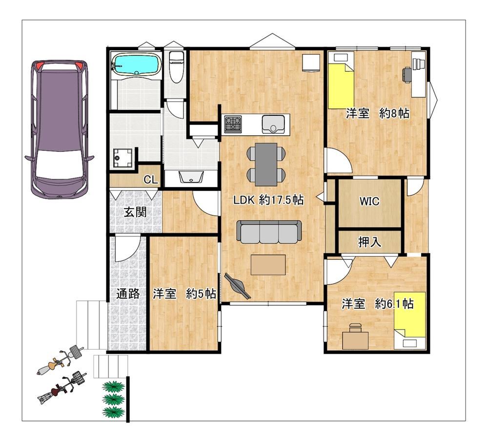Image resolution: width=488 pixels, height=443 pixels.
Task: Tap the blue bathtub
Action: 137,64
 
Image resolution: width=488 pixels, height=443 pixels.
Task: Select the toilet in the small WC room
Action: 177,66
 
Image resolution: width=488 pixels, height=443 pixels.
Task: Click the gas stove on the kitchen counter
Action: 233,124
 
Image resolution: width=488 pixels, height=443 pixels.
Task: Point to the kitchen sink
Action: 273,124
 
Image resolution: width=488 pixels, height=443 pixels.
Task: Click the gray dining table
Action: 266,164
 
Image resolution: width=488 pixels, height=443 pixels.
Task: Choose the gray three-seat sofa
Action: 269,232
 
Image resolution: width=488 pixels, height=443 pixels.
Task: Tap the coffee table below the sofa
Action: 268,265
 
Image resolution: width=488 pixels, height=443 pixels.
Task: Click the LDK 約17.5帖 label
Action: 268,200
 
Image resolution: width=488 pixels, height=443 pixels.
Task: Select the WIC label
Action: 369,201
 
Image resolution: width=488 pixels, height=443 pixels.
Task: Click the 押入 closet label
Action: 369,242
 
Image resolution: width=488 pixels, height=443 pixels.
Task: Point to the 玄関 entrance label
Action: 135,212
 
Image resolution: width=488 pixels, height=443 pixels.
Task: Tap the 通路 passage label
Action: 127,294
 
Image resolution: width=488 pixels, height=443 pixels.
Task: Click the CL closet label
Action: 151,180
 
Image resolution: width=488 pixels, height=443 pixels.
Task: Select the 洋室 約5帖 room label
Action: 184,294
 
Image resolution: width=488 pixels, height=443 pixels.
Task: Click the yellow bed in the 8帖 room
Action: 342,81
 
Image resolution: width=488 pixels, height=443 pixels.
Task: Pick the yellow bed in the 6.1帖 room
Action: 409,320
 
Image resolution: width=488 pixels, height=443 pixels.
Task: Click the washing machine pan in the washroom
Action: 123,158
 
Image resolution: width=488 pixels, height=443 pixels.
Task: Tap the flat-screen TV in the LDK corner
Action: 238,287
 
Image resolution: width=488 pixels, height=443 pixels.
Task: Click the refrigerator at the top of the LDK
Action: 311,63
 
